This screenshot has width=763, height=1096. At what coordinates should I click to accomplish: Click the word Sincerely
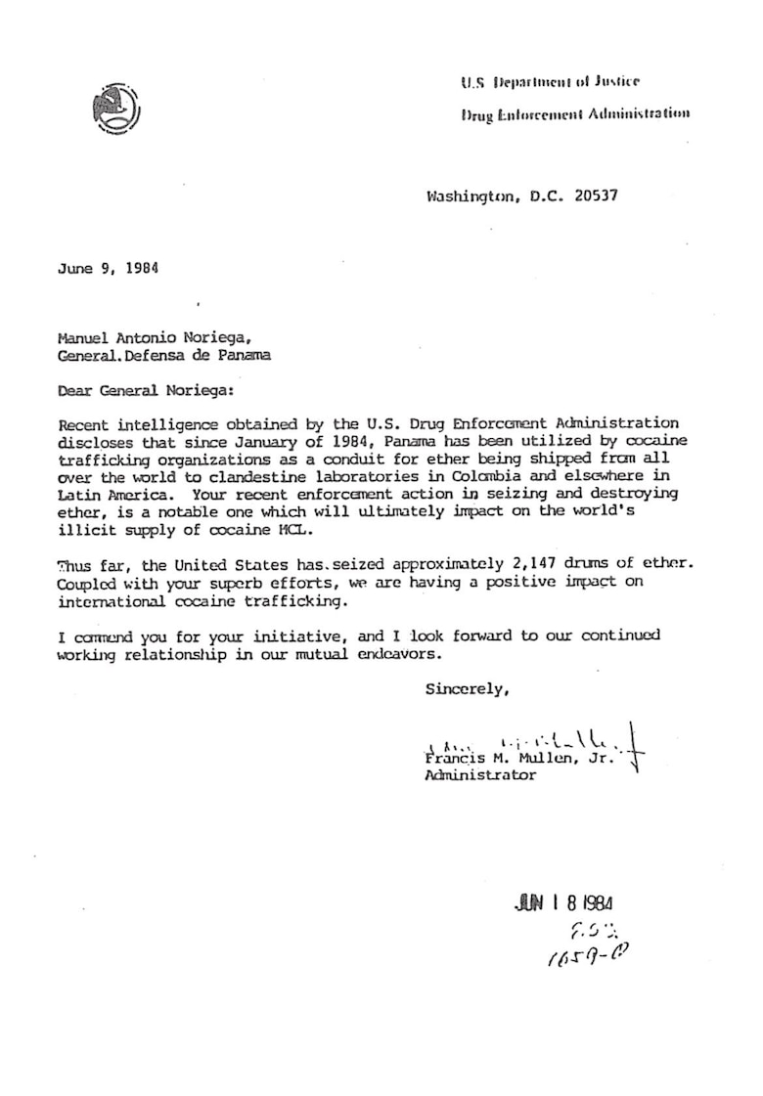[x=468, y=688]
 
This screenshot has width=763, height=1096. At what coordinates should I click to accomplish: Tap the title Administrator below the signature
[x=479, y=774]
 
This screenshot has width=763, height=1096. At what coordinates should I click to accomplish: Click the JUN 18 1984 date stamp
[x=563, y=903]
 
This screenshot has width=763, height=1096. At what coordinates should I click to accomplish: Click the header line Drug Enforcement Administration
[x=575, y=113]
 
